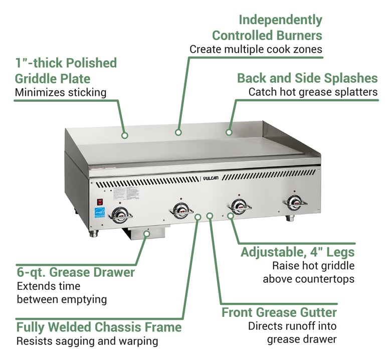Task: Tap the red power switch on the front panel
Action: point(100,202)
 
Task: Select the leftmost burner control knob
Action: point(120,214)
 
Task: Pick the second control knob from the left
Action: point(181,210)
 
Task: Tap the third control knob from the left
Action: point(239,206)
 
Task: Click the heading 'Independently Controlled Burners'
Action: point(267,28)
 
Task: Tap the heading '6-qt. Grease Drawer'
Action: point(75,272)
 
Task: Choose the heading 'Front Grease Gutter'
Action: point(279,312)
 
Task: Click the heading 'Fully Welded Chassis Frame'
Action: point(99,327)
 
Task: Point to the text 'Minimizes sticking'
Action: point(61,92)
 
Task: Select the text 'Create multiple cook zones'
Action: point(256,49)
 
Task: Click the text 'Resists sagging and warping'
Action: point(87,341)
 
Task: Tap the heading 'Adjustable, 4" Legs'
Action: point(297,252)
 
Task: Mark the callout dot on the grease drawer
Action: point(147,233)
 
